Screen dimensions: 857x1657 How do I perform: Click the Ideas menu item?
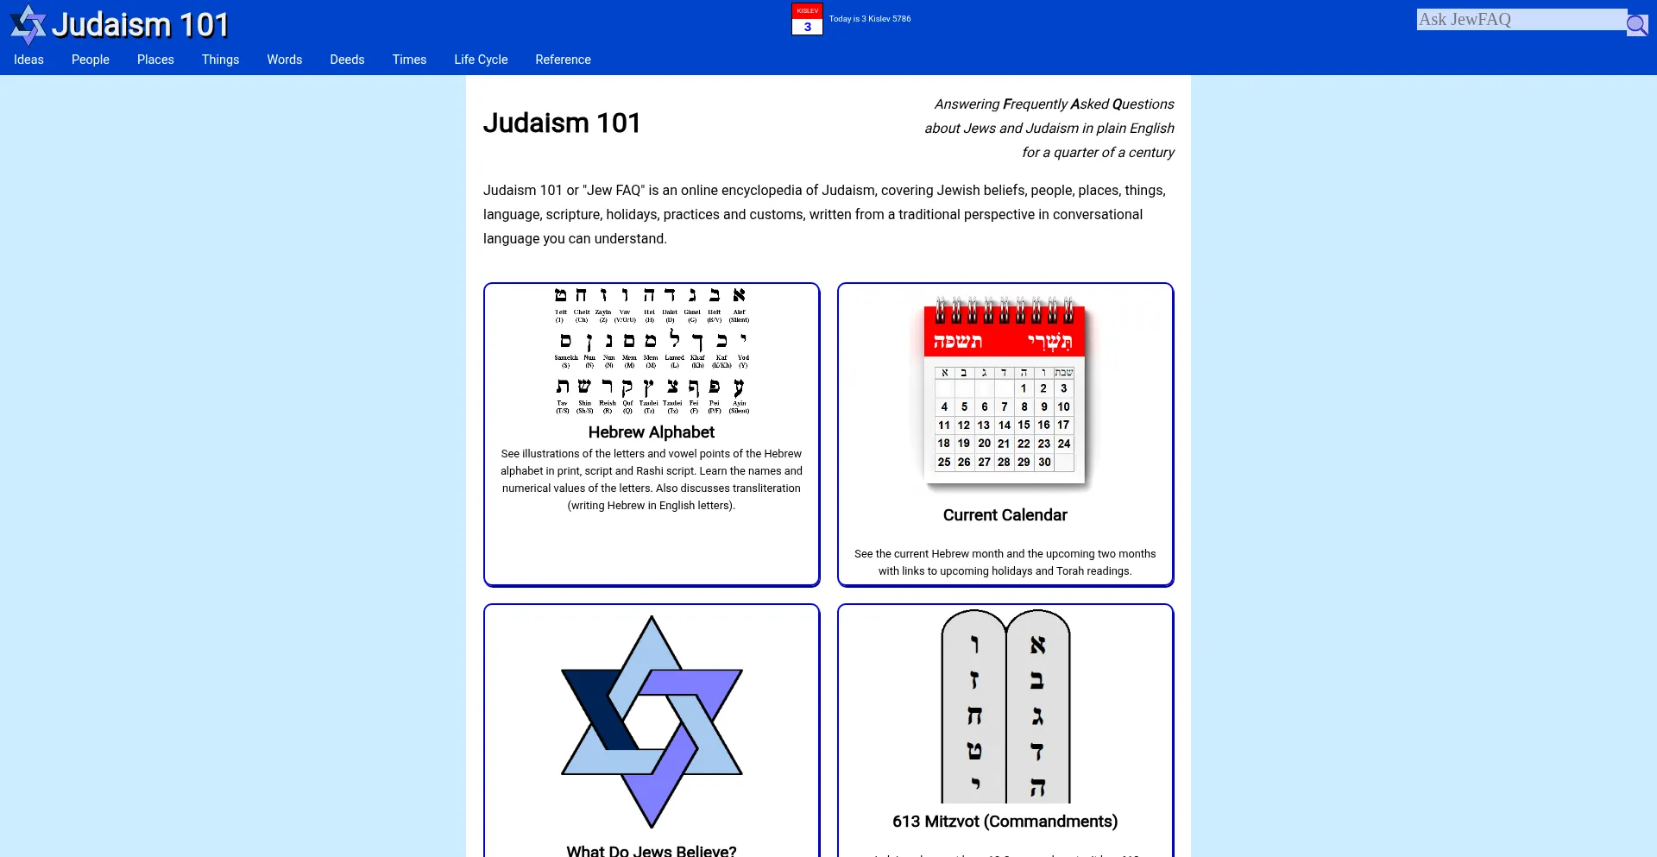(x=28, y=60)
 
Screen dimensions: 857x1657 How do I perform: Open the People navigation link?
(x=91, y=60)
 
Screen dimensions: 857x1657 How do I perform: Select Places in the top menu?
(x=155, y=60)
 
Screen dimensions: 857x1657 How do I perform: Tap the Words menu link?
(x=284, y=60)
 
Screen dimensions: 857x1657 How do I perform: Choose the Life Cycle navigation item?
(x=481, y=60)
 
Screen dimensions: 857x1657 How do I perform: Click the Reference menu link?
(x=563, y=60)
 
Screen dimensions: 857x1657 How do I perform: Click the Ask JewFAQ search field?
(x=1521, y=20)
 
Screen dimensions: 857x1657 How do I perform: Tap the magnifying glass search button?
(x=1636, y=24)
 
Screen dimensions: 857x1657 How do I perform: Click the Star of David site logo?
(x=28, y=24)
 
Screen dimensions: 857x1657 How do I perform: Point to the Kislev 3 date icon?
(x=807, y=19)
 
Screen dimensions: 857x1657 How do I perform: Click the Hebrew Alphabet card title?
(x=652, y=432)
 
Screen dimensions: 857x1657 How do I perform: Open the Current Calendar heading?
(x=1005, y=515)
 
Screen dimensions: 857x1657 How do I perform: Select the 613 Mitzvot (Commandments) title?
(x=1005, y=822)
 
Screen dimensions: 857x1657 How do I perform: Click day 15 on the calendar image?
(x=1024, y=425)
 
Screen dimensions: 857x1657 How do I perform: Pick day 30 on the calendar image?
(x=1044, y=463)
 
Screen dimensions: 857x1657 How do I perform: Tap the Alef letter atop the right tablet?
(x=1037, y=646)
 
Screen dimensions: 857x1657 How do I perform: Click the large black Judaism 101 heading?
(x=562, y=123)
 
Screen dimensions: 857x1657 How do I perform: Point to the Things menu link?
(x=220, y=60)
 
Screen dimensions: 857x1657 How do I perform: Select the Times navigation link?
(x=409, y=60)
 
